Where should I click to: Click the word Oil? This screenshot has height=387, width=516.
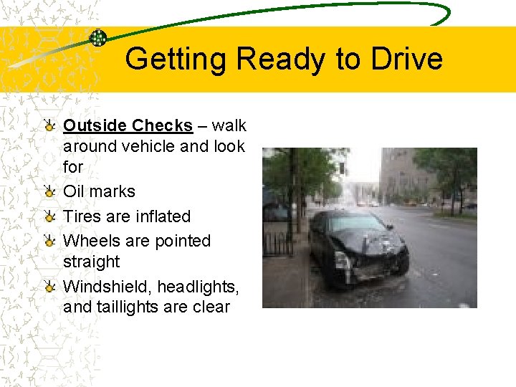(x=74, y=191)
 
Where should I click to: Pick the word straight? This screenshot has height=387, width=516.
(x=91, y=262)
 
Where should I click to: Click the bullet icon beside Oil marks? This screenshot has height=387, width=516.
(x=49, y=191)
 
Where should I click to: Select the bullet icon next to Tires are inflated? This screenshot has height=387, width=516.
(x=49, y=216)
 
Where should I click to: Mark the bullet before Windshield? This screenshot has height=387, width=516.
(x=49, y=287)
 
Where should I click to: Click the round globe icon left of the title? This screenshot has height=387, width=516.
(x=98, y=38)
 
